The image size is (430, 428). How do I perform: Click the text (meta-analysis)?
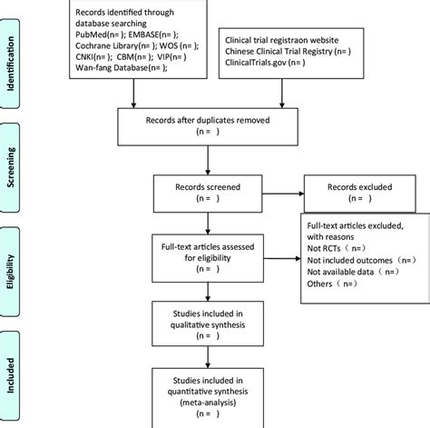click(x=208, y=403)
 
